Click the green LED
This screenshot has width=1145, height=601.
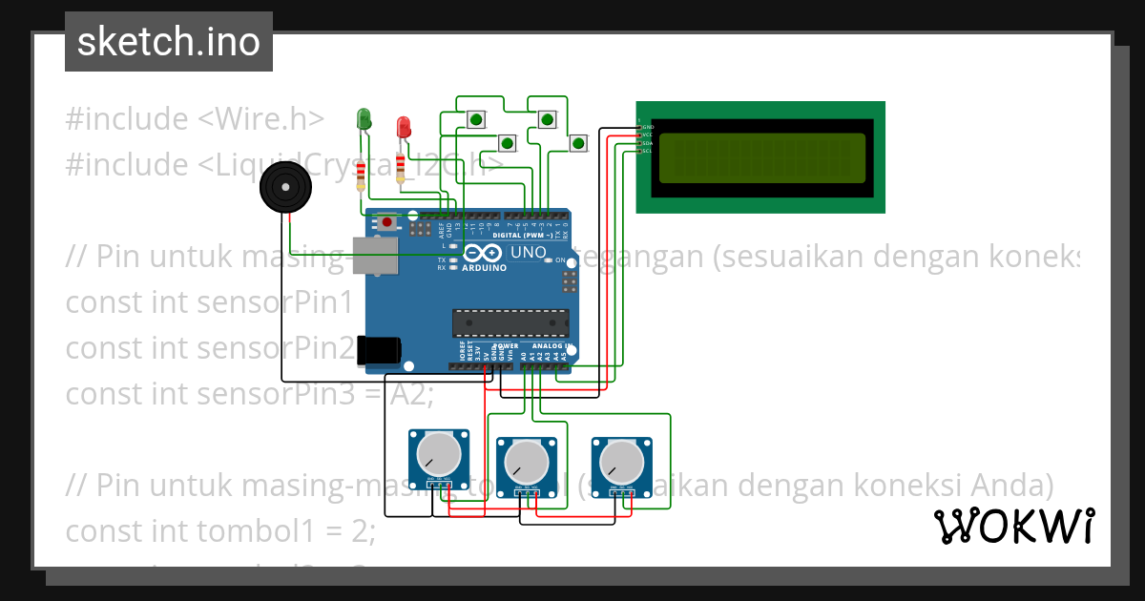coord(364,118)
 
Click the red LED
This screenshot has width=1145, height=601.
coord(404,126)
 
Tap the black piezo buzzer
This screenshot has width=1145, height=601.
coord(287,188)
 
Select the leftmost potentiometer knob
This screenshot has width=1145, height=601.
coord(439,457)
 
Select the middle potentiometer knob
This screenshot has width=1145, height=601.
coord(526,465)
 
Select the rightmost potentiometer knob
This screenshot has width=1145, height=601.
coord(621,465)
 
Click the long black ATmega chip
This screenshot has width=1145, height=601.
coord(510,323)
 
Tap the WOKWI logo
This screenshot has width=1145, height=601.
coord(1013,526)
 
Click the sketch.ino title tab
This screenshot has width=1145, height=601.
coord(169,42)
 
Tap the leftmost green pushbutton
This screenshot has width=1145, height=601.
coord(475,119)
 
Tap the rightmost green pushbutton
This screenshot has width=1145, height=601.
coord(577,144)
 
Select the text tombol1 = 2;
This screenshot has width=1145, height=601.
coord(286,531)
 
